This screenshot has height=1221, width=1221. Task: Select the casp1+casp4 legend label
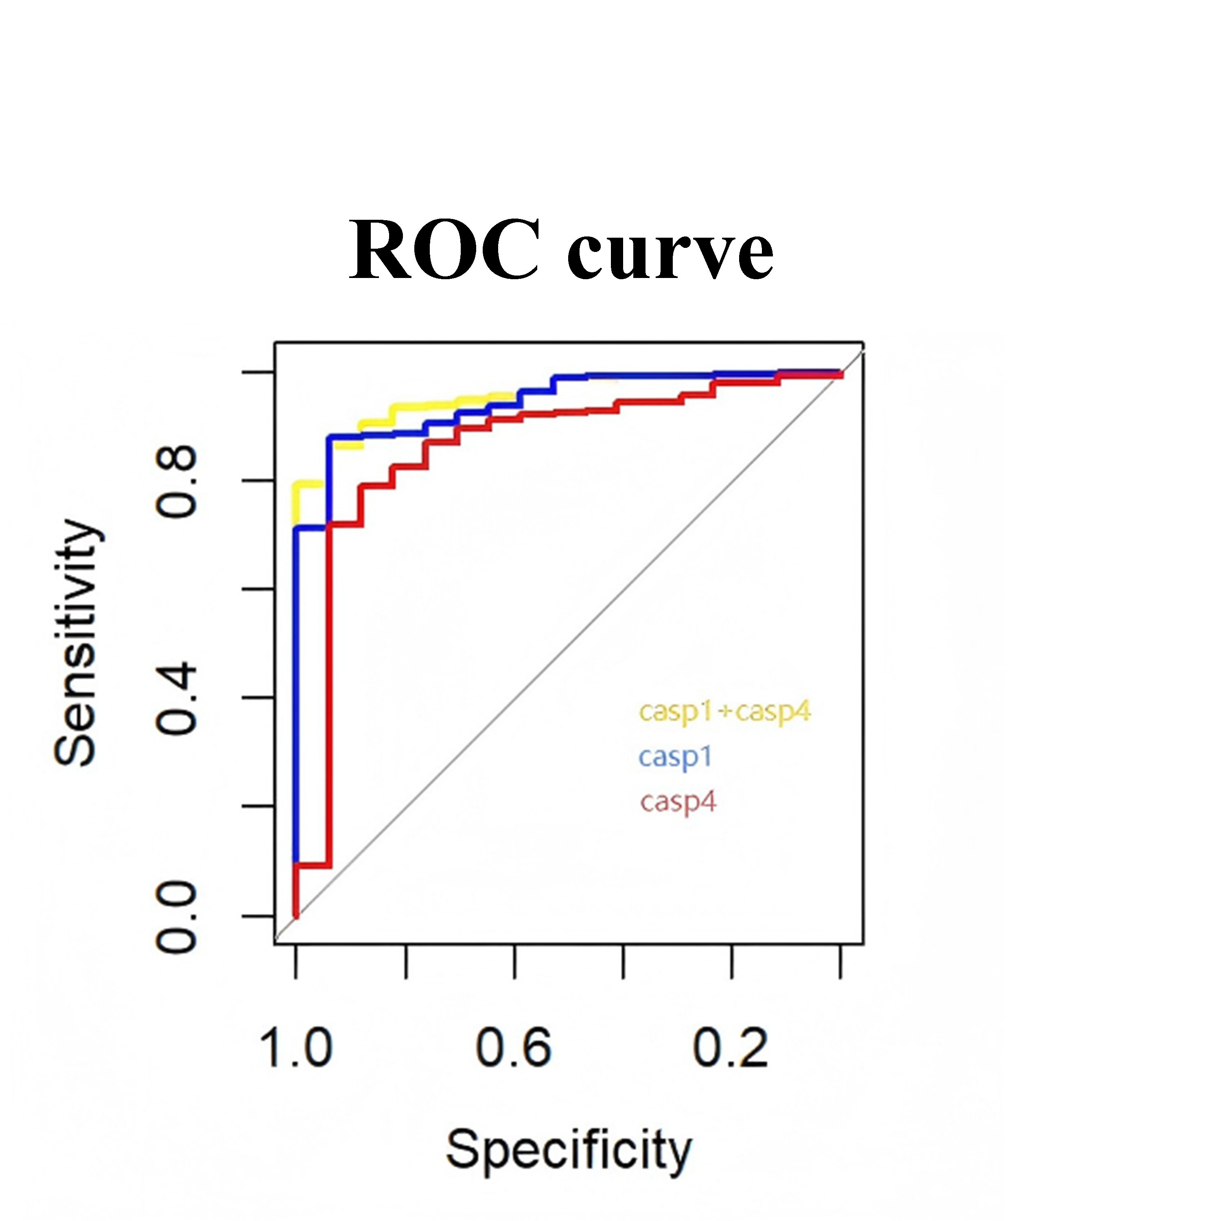pyautogui.click(x=724, y=712)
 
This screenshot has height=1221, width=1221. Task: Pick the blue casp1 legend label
pyautogui.click(x=675, y=757)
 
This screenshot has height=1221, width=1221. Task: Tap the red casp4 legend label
pyautogui.click(x=678, y=803)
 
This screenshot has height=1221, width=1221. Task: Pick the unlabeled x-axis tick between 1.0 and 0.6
pyautogui.click(x=405, y=962)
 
